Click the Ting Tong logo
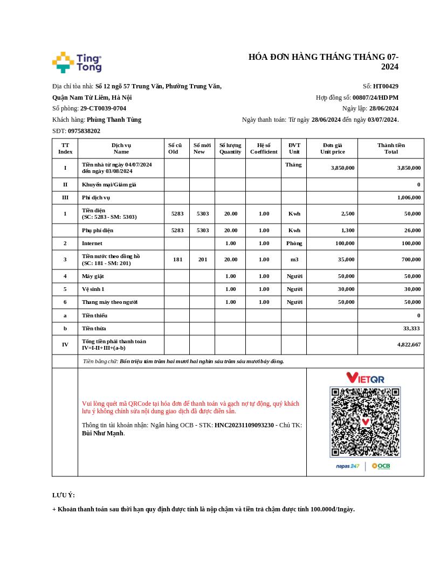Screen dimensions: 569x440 (77, 63)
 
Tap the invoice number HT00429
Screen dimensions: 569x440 (386, 86)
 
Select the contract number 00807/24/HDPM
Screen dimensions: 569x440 (375, 98)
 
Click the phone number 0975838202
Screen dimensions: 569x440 (84, 131)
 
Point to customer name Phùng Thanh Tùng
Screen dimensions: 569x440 (114, 120)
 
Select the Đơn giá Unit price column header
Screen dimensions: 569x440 (332, 148)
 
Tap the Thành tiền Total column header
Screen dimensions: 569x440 (391, 148)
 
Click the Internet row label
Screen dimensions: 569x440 (92, 244)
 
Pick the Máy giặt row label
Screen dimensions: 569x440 (93, 276)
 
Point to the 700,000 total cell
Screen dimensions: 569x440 (409, 260)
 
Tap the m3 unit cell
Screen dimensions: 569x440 (294, 260)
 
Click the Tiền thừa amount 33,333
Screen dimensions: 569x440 (411, 328)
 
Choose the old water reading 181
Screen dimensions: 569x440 (177, 260)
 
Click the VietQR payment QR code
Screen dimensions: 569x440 (365, 421)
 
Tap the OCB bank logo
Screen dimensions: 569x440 (381, 466)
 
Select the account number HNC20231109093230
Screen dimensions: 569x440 (244, 425)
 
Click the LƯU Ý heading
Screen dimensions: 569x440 (64, 495)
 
